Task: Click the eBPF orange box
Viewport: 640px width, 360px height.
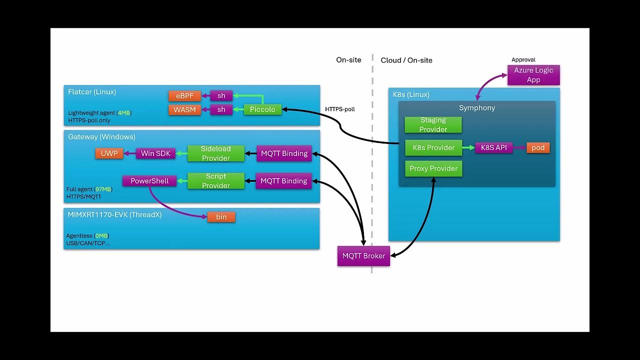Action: click(x=184, y=95)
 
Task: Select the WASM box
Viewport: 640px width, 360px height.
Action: click(x=184, y=109)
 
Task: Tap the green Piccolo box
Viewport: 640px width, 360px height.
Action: click(x=262, y=109)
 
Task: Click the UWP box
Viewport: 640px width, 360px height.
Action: click(x=109, y=153)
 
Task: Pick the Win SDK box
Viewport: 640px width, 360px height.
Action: click(x=155, y=153)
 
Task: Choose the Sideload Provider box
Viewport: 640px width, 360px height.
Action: click(x=216, y=153)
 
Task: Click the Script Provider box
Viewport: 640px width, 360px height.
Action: click(x=216, y=181)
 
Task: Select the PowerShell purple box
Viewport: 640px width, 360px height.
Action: click(x=149, y=181)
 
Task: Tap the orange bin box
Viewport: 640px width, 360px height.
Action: click(x=221, y=217)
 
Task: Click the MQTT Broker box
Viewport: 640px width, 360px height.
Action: click(x=363, y=256)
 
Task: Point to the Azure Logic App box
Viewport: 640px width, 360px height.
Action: click(x=533, y=75)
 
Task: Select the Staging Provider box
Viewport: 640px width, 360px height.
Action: click(x=433, y=124)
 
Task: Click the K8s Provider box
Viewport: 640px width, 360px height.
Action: click(x=433, y=147)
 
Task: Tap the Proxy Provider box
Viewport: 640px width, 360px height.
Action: click(x=433, y=168)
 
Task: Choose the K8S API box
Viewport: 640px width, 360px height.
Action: click(x=493, y=147)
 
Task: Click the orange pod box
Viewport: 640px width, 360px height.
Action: click(x=538, y=147)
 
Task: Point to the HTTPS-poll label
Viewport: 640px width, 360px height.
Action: click(x=339, y=109)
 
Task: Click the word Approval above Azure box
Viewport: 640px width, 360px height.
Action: click(x=523, y=59)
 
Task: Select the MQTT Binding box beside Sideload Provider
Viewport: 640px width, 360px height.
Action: click(x=283, y=153)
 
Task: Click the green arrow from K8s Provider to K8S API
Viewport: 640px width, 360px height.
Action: click(x=468, y=147)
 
